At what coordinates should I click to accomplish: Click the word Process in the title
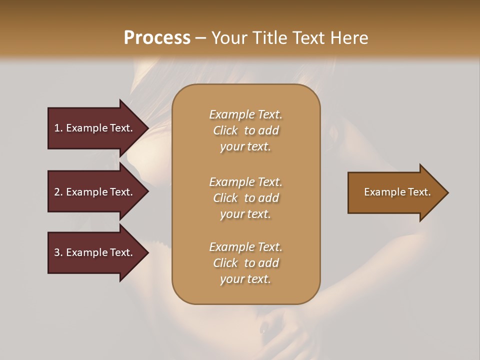click(157, 38)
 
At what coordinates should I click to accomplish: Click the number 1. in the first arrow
click(58, 128)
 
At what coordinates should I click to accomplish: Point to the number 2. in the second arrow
click(58, 192)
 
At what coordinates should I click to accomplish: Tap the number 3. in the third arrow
click(58, 252)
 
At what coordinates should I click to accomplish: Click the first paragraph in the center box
click(245, 130)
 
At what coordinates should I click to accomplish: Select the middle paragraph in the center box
click(245, 198)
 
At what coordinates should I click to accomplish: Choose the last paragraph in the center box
click(245, 263)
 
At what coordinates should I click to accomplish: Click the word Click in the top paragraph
click(225, 130)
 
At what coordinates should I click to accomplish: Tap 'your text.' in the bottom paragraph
click(245, 279)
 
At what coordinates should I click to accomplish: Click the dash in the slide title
click(200, 38)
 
